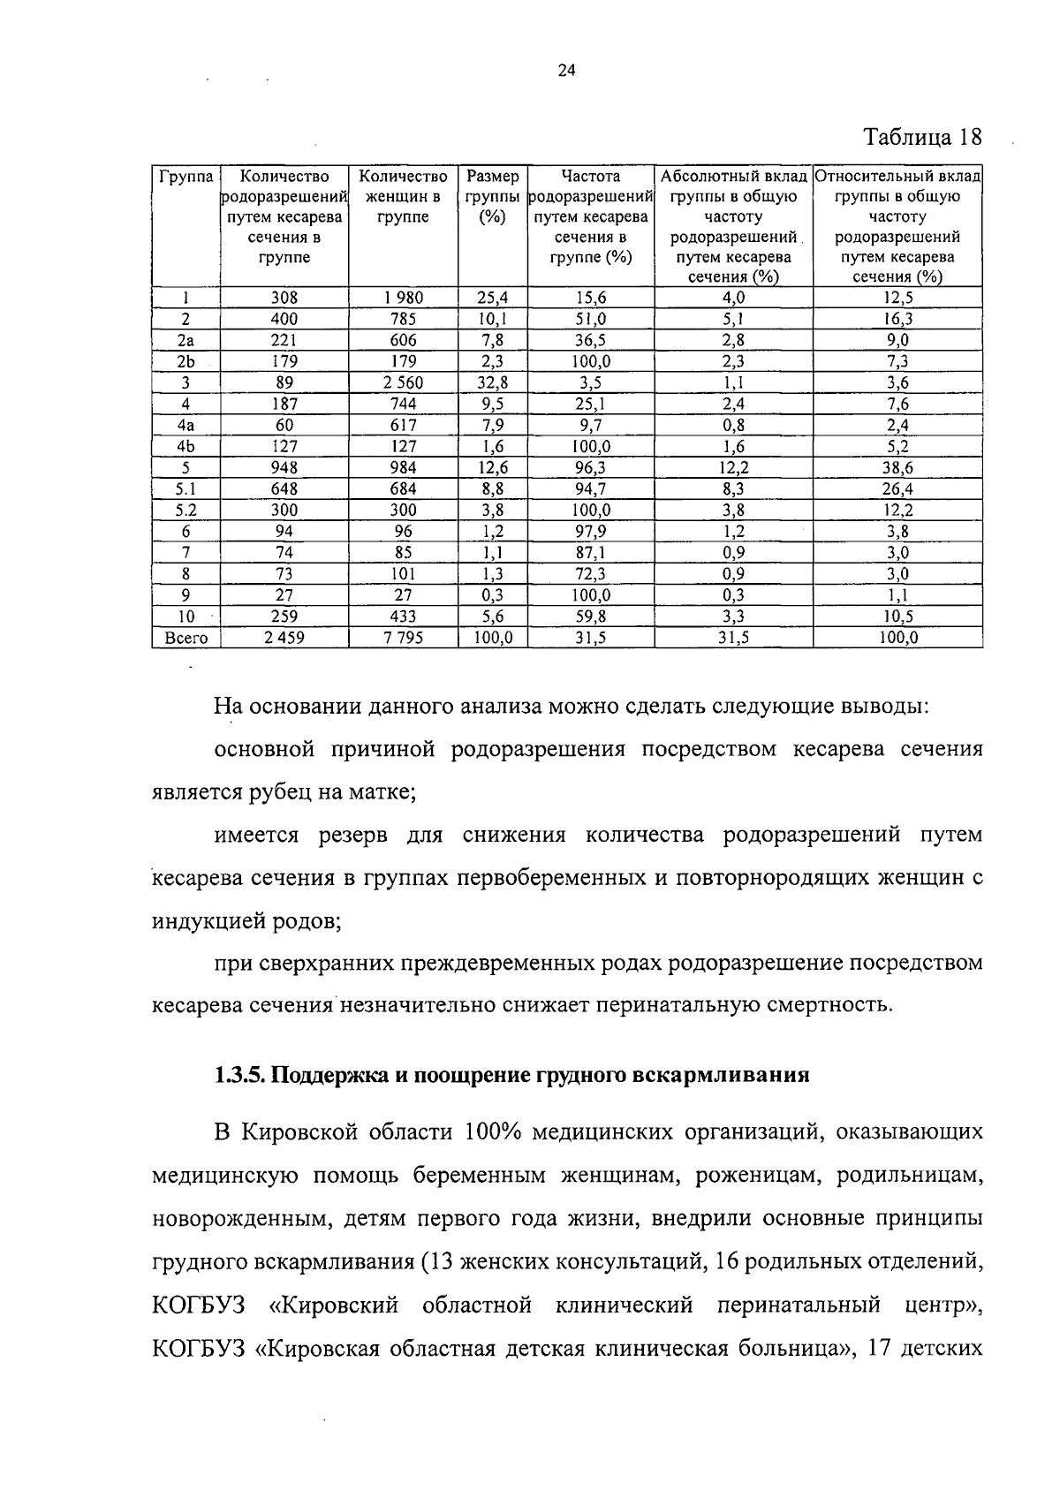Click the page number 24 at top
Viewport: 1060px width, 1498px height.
[566, 72]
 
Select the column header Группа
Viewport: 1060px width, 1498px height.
[185, 177]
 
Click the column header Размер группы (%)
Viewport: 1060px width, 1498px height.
[492, 196]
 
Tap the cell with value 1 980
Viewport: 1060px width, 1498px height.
[403, 298]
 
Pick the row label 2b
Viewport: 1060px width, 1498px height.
[185, 361]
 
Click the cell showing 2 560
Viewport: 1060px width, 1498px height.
[403, 382]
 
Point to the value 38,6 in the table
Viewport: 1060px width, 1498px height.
[897, 467]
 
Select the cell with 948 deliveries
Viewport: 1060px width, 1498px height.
[284, 467]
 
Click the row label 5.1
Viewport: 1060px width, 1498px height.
[185, 488]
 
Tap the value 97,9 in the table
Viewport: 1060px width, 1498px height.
[590, 531]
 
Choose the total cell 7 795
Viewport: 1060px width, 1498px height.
[403, 637]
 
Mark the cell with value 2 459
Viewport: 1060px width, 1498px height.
[284, 637]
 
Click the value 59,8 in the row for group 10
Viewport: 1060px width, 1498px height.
[590, 616]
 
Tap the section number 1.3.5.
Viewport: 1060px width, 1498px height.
[238, 1076]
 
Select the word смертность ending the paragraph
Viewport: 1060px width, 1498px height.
[825, 1005]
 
